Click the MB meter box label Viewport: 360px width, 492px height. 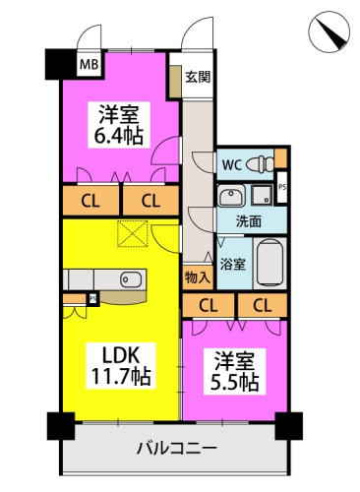pos(90,65)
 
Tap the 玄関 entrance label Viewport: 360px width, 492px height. pos(198,77)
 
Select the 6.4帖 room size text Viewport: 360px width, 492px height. pos(119,136)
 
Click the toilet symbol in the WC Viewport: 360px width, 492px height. pos(260,163)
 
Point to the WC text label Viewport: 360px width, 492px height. pos(232,165)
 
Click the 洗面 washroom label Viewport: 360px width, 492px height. pos(249,222)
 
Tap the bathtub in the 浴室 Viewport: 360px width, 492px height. pos(270,263)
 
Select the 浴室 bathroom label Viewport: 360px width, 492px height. pos(232,264)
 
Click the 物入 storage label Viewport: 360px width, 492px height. pos(198,277)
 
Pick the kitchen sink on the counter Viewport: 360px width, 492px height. pos(131,279)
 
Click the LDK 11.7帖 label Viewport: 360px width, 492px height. pos(121,366)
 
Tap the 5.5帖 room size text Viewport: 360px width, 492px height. pos(235,382)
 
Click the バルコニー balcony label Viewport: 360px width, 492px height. pos(177,448)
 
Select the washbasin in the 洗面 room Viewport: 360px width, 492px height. pos(231,196)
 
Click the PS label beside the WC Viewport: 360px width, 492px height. pos(282,187)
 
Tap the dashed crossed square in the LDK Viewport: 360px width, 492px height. pos(133,233)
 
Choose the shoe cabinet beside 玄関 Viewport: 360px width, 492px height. pos(175,81)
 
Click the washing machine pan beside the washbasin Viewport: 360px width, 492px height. pos(262,195)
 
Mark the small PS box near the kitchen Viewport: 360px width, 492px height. pos(93,299)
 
